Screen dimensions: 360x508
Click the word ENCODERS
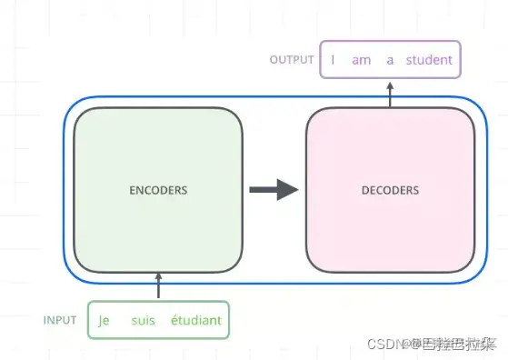click(158, 191)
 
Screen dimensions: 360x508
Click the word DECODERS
click(391, 191)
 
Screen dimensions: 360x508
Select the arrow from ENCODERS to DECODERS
click(274, 190)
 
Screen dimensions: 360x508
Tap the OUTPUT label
click(292, 60)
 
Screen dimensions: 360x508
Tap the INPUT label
click(59, 320)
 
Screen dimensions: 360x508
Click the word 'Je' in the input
click(104, 320)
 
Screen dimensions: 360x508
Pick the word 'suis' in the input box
click(144, 320)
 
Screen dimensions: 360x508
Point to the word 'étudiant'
click(195, 320)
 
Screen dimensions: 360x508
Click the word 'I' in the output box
click(333, 60)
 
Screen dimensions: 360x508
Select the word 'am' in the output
click(362, 60)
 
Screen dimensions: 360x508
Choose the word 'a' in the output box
click(390, 60)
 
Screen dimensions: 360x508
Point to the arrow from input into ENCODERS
click(158, 285)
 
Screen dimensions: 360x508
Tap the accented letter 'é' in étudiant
click(174, 320)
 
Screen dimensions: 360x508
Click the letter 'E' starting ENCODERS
click(133, 191)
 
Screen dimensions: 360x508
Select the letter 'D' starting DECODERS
click(365, 191)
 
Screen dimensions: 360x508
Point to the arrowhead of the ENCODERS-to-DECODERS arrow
click(288, 190)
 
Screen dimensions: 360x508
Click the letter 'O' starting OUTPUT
click(274, 60)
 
